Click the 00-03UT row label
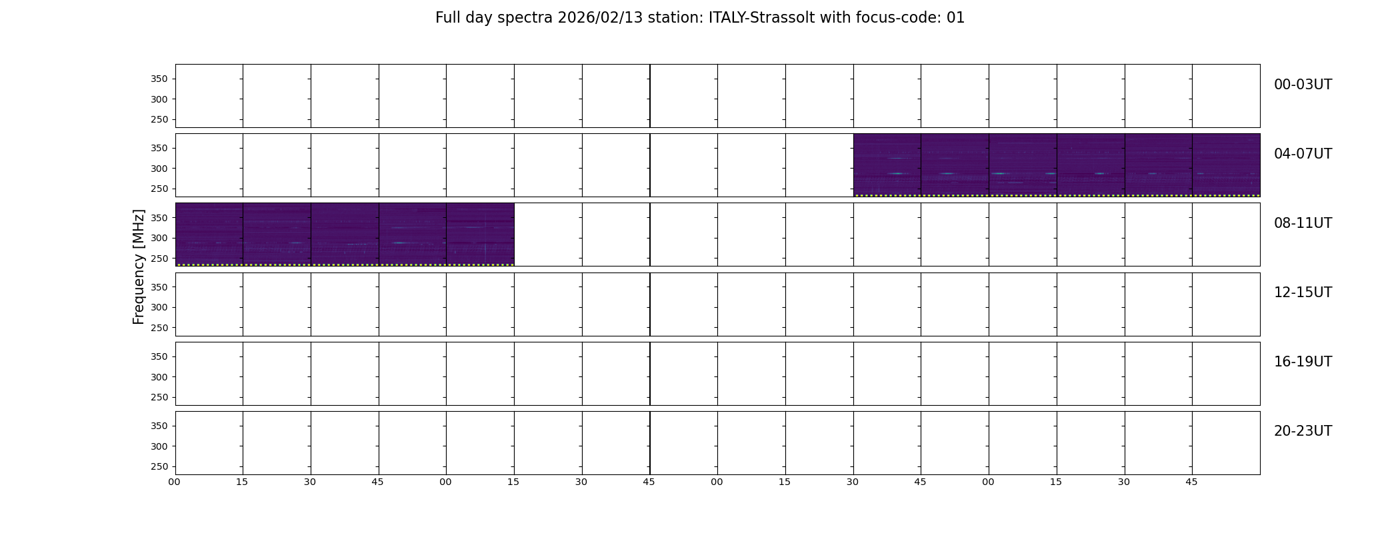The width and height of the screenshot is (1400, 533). click(x=1303, y=85)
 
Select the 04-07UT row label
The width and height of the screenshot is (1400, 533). click(x=1303, y=154)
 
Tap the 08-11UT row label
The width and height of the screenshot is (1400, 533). click(x=1303, y=223)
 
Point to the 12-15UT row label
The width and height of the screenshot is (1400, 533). click(x=1303, y=292)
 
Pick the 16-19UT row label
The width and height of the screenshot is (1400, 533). click(x=1303, y=362)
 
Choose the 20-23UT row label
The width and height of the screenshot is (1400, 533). click(x=1303, y=431)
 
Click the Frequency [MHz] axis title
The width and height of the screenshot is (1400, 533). click(x=139, y=266)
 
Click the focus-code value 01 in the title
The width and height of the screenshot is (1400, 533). click(x=955, y=18)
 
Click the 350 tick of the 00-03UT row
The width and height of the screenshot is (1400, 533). click(x=159, y=79)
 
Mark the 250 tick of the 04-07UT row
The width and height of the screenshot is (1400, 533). click(x=159, y=189)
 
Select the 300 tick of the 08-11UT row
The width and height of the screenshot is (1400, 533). click(x=159, y=239)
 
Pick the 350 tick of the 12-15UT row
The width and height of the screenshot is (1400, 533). click(x=159, y=287)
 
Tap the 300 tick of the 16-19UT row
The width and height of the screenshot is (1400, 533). click(x=159, y=377)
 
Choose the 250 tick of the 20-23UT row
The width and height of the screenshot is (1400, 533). click(x=159, y=467)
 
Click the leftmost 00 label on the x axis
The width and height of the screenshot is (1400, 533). click(x=175, y=482)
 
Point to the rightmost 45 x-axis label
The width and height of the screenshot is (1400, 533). click(x=1191, y=482)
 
